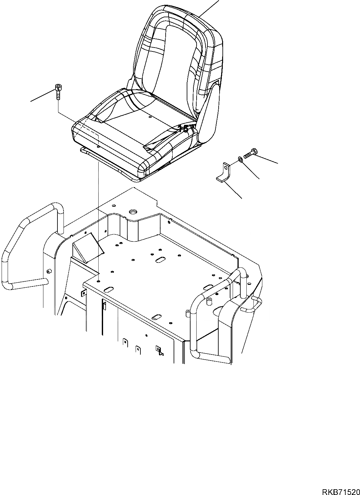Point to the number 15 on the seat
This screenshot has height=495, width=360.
(183, 129)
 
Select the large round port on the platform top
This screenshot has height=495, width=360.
(132, 212)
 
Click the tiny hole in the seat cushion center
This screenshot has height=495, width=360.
(149, 117)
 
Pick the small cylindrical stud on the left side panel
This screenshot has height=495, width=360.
(49, 271)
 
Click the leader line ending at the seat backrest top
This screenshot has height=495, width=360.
(209, 8)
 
